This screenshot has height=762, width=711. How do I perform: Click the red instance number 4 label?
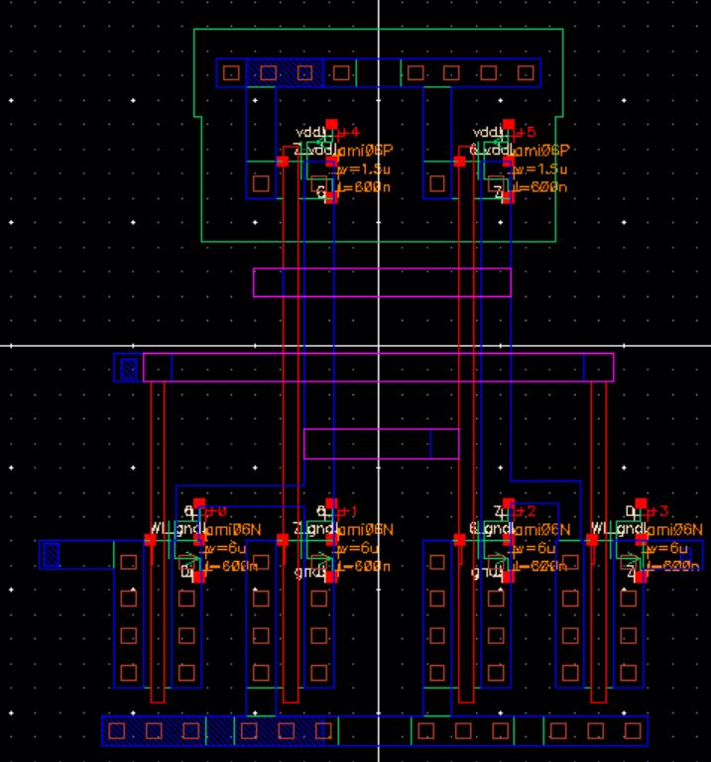350,133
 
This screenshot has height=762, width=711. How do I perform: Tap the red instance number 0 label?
217,511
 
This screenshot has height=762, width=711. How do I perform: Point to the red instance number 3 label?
658,511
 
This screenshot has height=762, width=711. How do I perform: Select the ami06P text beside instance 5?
541,151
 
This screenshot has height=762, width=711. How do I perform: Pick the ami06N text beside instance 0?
229,530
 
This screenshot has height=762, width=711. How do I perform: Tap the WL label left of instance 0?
161,529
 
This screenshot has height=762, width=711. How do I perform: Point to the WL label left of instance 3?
602,529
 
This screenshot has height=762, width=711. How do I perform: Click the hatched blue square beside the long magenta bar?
127,369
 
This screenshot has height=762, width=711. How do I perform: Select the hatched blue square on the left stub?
51,555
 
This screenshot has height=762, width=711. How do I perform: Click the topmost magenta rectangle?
382,281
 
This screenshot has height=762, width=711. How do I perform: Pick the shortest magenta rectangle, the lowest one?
381,443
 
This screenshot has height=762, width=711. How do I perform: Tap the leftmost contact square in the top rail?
231,72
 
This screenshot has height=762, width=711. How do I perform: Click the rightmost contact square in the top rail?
525,72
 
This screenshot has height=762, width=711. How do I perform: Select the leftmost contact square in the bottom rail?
117,731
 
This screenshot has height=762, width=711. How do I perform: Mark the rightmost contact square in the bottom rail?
630,731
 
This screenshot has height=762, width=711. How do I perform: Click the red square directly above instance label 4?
332,125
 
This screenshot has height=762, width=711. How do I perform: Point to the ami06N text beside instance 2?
541,530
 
